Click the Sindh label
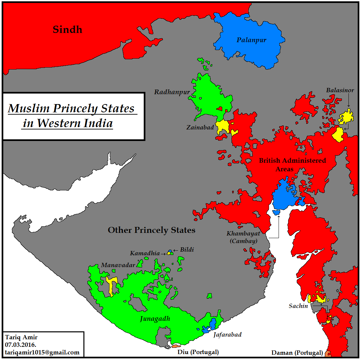click(x=67, y=30)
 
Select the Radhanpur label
click(x=172, y=92)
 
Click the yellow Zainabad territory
click(x=222, y=126)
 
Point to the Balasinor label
click(x=340, y=90)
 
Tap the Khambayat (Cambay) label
click(x=243, y=237)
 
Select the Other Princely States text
click(x=151, y=230)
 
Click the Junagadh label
click(x=155, y=319)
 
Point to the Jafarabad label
click(x=227, y=335)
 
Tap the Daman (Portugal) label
click(x=297, y=353)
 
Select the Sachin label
click(x=298, y=306)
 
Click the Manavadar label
click(x=118, y=265)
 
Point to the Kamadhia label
click(x=145, y=253)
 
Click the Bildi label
click(x=187, y=250)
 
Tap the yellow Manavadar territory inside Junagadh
click(x=111, y=284)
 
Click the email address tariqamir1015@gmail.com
click(x=42, y=352)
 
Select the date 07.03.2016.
click(x=20, y=345)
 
